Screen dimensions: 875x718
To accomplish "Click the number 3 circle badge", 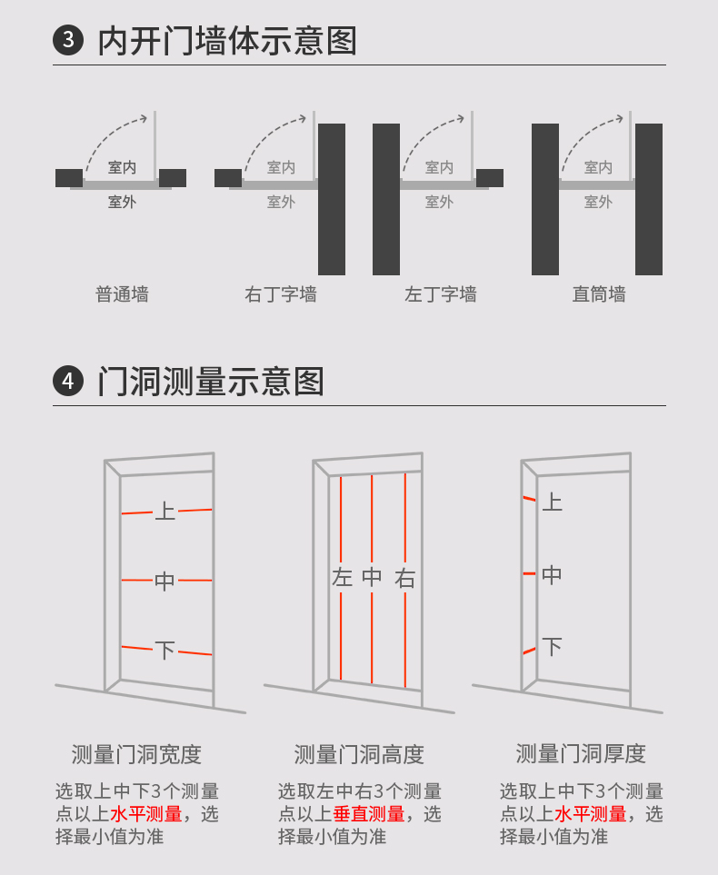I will tap(68, 41).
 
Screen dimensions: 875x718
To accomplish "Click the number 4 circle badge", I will tap(68, 382).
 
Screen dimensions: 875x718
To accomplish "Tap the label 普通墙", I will tap(122, 294).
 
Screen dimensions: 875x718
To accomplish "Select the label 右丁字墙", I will tap(281, 294).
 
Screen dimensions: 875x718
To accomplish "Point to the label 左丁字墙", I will tap(441, 294).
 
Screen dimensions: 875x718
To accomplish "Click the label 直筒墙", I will tap(599, 294).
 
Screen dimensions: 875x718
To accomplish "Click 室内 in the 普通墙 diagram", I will tap(122, 167).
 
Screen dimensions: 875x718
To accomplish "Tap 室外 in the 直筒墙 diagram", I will tap(598, 202).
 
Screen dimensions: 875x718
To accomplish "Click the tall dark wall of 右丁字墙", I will tap(332, 199).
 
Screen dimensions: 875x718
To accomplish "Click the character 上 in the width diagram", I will tap(165, 511).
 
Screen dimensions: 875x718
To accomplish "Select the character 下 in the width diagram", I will tap(165, 651).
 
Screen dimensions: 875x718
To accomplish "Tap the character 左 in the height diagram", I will tap(342, 577).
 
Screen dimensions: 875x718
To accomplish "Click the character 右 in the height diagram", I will tap(405, 578).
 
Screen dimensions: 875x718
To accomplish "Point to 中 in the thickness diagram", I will tap(552, 574).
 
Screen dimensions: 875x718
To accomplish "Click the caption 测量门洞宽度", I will tap(136, 754).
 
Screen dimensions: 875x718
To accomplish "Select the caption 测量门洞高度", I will tap(359, 754).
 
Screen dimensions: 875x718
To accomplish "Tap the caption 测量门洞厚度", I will tap(581, 753).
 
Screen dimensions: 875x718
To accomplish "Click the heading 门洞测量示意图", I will tap(211, 382).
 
